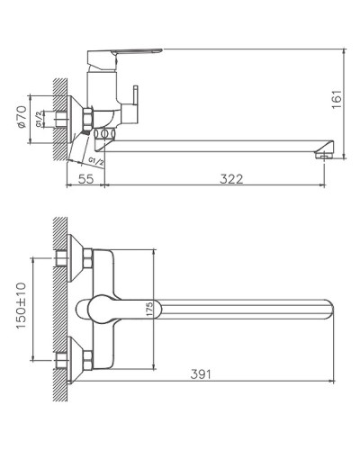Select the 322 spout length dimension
pos(231,180)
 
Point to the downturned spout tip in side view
pos(321,150)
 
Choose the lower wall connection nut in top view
pos(88,358)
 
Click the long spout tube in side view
pos(216,141)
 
